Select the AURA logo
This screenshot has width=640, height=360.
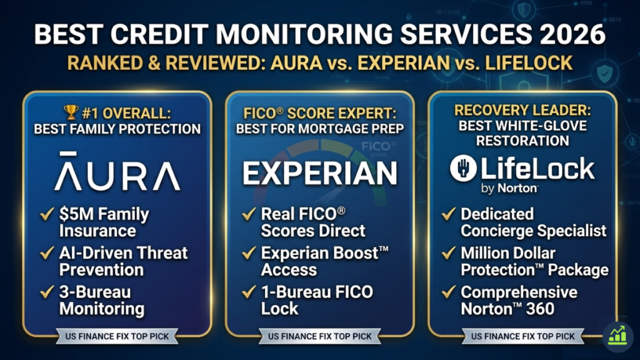pos(117,171)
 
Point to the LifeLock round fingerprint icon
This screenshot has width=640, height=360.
pos(463,168)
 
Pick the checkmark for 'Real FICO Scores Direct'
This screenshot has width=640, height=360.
pos(248,214)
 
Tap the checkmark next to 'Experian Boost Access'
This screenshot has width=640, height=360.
pos(248,253)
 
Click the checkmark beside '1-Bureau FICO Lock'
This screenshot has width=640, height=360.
pos(248,292)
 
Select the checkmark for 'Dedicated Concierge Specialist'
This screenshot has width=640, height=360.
pos(448,214)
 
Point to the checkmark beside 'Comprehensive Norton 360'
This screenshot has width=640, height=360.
pos(448,292)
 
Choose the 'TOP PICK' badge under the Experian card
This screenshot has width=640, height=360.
pos(319,336)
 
